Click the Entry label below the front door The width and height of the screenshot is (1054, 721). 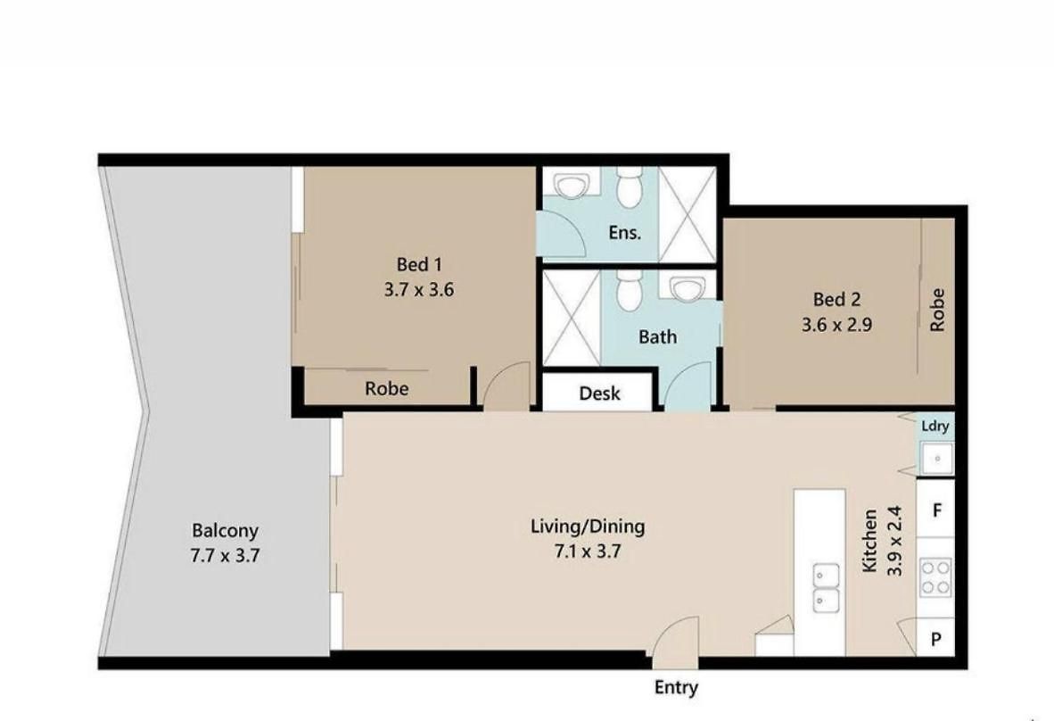click(x=676, y=687)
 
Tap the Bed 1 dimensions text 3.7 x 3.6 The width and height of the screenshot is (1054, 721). click(x=419, y=290)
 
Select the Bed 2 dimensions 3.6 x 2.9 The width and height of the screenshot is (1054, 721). click(x=837, y=325)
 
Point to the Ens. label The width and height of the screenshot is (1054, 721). click(x=624, y=233)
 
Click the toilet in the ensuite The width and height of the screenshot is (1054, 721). click(x=630, y=187)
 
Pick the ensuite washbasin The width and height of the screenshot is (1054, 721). click(x=572, y=184)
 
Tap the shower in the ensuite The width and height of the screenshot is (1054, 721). click(x=687, y=214)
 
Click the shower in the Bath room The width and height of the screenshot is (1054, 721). click(x=572, y=319)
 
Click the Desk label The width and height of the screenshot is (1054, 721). click(x=599, y=394)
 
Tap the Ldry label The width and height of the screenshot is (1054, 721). click(x=935, y=427)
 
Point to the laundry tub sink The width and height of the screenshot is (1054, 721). click(x=936, y=459)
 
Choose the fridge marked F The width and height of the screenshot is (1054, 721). click(x=935, y=509)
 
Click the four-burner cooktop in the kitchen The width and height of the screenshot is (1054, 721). click(x=935, y=577)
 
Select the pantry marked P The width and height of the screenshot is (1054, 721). click(x=935, y=638)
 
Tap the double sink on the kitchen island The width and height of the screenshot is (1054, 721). click(x=826, y=588)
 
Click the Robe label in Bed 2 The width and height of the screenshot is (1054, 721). click(x=937, y=310)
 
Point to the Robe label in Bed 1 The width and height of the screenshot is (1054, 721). click(x=386, y=389)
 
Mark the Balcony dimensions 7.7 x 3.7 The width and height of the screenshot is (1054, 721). click(x=225, y=556)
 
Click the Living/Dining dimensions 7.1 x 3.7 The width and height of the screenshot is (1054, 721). click(x=587, y=551)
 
